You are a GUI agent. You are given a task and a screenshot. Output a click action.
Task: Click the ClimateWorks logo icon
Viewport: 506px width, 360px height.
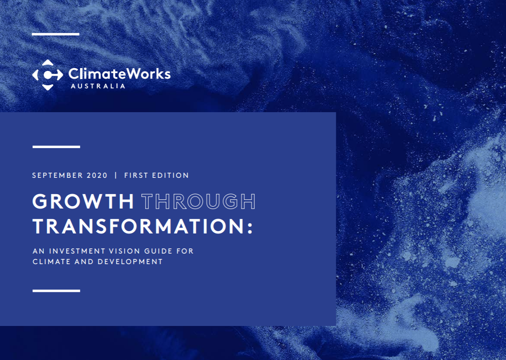tap(47, 75)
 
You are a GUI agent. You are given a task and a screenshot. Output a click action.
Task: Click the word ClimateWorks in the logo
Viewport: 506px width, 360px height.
tap(119, 74)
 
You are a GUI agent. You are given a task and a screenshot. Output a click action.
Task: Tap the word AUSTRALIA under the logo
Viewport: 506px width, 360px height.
tap(98, 86)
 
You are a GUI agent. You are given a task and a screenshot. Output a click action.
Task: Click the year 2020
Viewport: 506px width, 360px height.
tap(97, 175)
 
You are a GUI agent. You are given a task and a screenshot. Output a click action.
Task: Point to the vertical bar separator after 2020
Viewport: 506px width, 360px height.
tap(116, 175)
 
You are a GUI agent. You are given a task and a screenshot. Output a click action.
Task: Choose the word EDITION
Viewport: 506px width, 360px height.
tap(171, 175)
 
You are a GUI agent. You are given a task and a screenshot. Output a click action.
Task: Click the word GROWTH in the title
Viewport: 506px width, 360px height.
tap(83, 201)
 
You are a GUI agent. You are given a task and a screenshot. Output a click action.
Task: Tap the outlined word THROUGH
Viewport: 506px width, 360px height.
tap(198, 201)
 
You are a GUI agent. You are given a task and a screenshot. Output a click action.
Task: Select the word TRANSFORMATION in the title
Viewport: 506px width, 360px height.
tap(139, 226)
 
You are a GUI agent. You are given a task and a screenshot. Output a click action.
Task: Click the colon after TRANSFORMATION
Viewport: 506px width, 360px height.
tap(250, 228)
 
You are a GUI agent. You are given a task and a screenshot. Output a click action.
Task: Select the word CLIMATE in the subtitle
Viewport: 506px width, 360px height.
tap(52, 262)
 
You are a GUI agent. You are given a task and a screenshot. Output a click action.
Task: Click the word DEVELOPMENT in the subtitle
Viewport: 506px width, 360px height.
tap(130, 262)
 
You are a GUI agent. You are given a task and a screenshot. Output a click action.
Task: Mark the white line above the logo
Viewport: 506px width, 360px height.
tap(56, 34)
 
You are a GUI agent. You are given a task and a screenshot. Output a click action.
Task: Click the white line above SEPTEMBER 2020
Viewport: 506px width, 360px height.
tap(56, 147)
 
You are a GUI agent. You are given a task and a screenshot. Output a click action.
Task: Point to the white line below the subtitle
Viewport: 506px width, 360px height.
tap(56, 291)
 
